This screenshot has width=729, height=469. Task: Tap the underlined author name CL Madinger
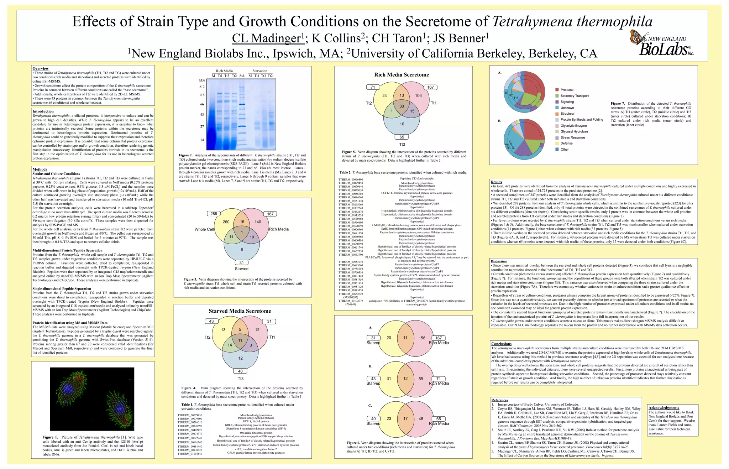tap(267, 38)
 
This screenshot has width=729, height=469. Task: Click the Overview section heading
tap(40, 68)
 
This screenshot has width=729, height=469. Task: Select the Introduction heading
tap(43, 111)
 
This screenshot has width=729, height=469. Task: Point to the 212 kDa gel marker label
tap(202, 87)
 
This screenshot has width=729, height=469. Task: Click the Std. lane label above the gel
tap(242, 76)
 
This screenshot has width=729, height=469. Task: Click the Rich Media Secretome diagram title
tap(401, 75)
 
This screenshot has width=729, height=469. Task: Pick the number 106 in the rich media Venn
tap(418, 95)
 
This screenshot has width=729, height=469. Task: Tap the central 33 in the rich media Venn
tap(402, 106)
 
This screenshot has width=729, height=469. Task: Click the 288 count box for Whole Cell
tap(214, 214)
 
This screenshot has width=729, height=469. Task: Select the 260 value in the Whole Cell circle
tap(226, 222)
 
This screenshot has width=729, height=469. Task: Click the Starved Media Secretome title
tap(240, 311)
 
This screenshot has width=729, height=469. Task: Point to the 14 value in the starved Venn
tap(230, 345)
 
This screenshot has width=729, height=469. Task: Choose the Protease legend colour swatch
tap(557, 90)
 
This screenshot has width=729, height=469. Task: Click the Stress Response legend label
tap(572, 137)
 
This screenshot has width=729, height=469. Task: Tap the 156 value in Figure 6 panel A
tap(422, 338)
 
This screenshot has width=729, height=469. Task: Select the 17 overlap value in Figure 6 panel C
tap(405, 419)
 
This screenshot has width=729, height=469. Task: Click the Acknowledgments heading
tap(664, 408)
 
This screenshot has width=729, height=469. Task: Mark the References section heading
tap(499, 400)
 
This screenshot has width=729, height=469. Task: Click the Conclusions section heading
tap(501, 344)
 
